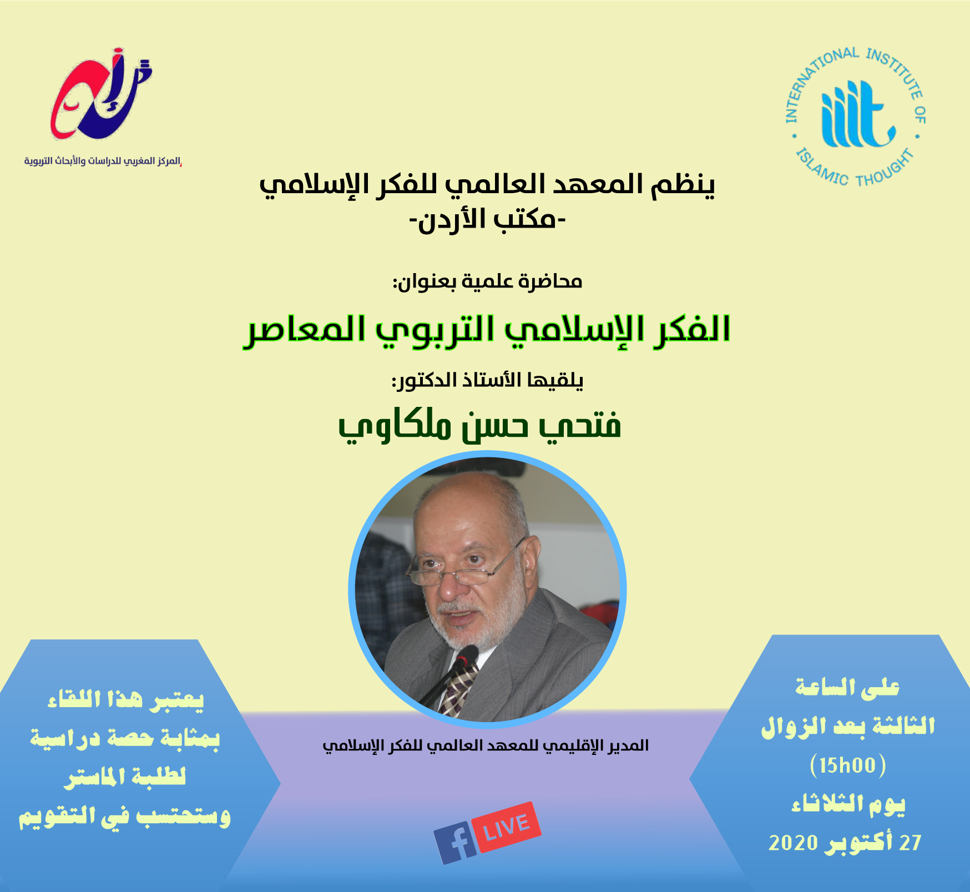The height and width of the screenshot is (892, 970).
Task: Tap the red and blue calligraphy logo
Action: (x=100, y=94)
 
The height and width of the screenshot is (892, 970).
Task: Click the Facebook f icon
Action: (x=455, y=842)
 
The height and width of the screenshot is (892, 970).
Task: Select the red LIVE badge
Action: (x=507, y=827)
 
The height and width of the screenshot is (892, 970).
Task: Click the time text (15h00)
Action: (x=848, y=765)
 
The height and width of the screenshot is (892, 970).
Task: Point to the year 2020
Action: (x=793, y=843)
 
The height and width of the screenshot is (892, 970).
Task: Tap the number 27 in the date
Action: (x=910, y=843)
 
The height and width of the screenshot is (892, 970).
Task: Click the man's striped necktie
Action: (x=458, y=688)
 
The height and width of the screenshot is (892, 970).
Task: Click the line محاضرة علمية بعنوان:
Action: (x=487, y=282)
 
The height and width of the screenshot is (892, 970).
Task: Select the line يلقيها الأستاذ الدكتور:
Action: (x=487, y=380)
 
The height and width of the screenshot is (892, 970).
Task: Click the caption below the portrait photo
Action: (x=486, y=745)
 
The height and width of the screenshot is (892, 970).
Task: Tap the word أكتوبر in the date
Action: (x=858, y=843)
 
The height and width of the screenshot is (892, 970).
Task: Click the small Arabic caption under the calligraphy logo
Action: (x=103, y=161)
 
